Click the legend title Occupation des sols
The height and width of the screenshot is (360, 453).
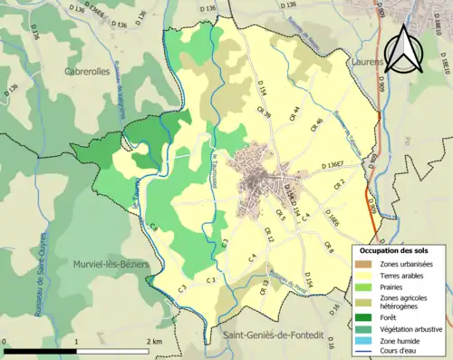coord(397,249)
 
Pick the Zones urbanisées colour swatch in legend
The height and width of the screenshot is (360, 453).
coord(361,264)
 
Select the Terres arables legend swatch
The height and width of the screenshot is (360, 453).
coord(361,276)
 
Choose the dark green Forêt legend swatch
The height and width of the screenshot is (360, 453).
coord(361,315)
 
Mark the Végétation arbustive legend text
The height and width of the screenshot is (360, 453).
coord(404,326)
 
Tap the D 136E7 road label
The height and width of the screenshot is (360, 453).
coord(333,166)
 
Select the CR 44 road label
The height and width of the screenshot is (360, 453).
coord(294,114)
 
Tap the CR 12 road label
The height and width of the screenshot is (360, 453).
coord(269,235)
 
